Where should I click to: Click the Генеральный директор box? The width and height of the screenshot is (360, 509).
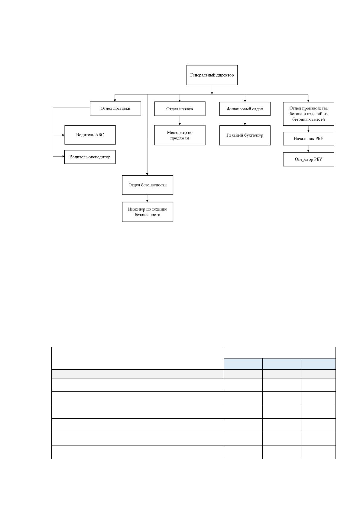[x=212, y=75]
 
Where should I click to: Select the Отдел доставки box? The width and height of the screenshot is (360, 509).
[x=115, y=109]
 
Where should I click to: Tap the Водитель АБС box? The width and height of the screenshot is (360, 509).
[x=90, y=135]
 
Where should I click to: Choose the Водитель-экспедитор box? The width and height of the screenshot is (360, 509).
[x=90, y=157]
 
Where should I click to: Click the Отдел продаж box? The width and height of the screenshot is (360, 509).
[x=180, y=109]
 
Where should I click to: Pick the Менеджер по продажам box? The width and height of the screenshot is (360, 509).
[x=180, y=135]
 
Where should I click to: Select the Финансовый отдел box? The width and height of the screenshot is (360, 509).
[x=245, y=109]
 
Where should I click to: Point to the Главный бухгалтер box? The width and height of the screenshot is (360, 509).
[x=245, y=135]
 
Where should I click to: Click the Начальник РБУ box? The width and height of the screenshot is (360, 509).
[x=308, y=139]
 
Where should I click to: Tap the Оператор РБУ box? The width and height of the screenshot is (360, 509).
[x=308, y=159]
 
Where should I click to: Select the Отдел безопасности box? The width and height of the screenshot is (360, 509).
[x=148, y=185]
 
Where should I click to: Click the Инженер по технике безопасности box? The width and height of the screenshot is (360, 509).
[x=148, y=212]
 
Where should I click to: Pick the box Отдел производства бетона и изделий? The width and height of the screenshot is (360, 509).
[x=308, y=114]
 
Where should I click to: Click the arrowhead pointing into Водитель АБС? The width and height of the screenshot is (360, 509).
[x=63, y=135]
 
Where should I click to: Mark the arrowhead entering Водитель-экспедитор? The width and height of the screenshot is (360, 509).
[x=63, y=156]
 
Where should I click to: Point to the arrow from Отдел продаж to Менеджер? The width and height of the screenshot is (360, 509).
[x=180, y=121]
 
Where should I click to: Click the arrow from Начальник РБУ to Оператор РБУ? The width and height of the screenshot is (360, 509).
[x=308, y=149]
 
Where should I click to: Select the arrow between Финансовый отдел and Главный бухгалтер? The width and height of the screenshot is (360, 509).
[x=245, y=121]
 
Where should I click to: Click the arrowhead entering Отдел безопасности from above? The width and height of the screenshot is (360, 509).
[x=147, y=174]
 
